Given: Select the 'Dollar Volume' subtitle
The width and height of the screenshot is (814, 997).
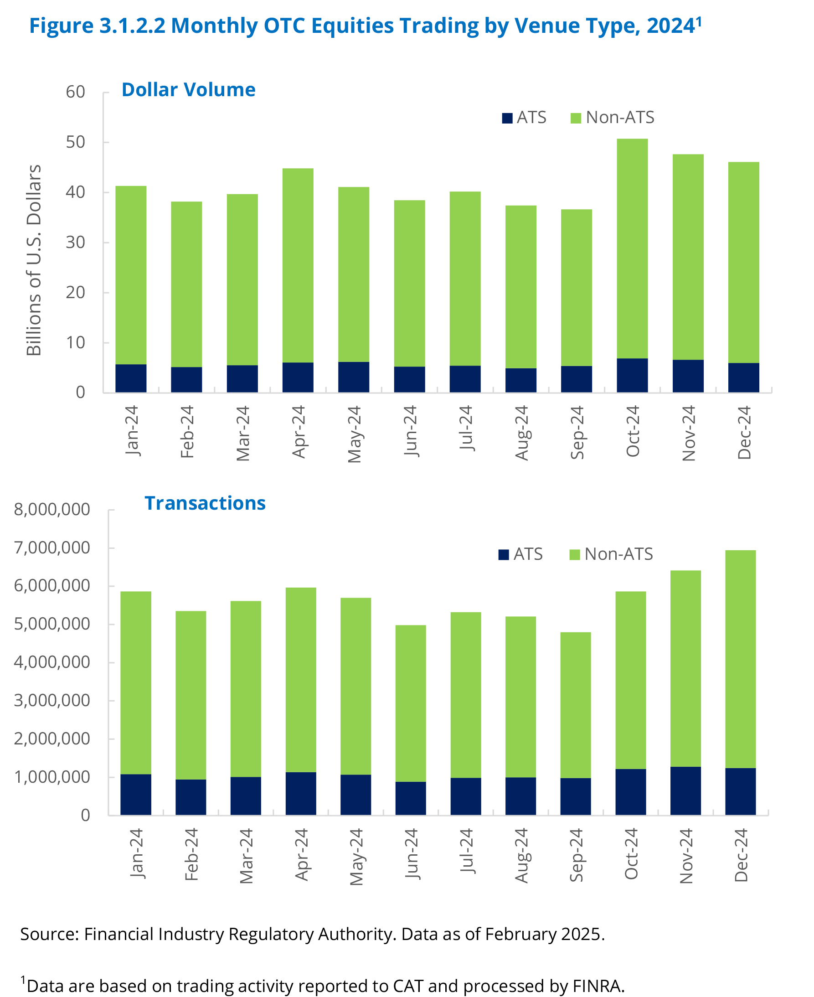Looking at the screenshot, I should point(189,89).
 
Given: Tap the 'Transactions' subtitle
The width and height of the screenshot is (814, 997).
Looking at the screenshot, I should point(205,503).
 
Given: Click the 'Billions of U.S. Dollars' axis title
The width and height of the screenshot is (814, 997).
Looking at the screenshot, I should point(34,260).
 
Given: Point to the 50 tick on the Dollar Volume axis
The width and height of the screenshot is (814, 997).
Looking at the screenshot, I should point(76,142).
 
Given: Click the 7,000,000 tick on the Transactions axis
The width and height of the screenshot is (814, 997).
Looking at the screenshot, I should point(52,548).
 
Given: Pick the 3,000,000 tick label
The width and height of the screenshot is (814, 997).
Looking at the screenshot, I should point(52,701).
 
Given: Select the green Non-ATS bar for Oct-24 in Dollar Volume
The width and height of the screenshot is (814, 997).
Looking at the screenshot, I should point(632,248).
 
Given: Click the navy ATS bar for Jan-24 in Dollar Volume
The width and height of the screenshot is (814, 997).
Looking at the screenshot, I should point(131,378).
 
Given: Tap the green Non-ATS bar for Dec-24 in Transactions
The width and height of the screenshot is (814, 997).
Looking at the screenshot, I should point(740,659).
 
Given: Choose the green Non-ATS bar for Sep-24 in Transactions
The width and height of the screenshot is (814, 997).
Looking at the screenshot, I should point(575,705).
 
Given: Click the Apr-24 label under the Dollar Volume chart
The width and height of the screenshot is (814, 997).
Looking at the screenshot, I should point(299,432).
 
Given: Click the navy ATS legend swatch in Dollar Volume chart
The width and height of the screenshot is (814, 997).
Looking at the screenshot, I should point(507,118).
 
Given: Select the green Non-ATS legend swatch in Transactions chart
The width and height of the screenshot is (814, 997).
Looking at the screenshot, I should point(574,555).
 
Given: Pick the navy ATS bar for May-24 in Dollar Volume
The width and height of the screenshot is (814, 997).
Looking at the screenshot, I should point(354,377).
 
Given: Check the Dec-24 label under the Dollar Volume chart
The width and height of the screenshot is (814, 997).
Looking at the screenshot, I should point(744,432).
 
